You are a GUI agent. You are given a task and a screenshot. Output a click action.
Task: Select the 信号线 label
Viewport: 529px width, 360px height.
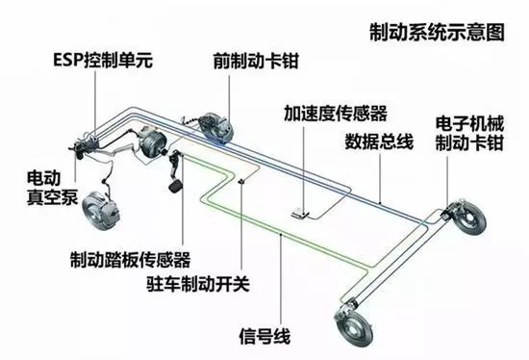[261, 336]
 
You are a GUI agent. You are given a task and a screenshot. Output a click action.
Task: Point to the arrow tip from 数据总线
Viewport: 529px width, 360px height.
[381, 199]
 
